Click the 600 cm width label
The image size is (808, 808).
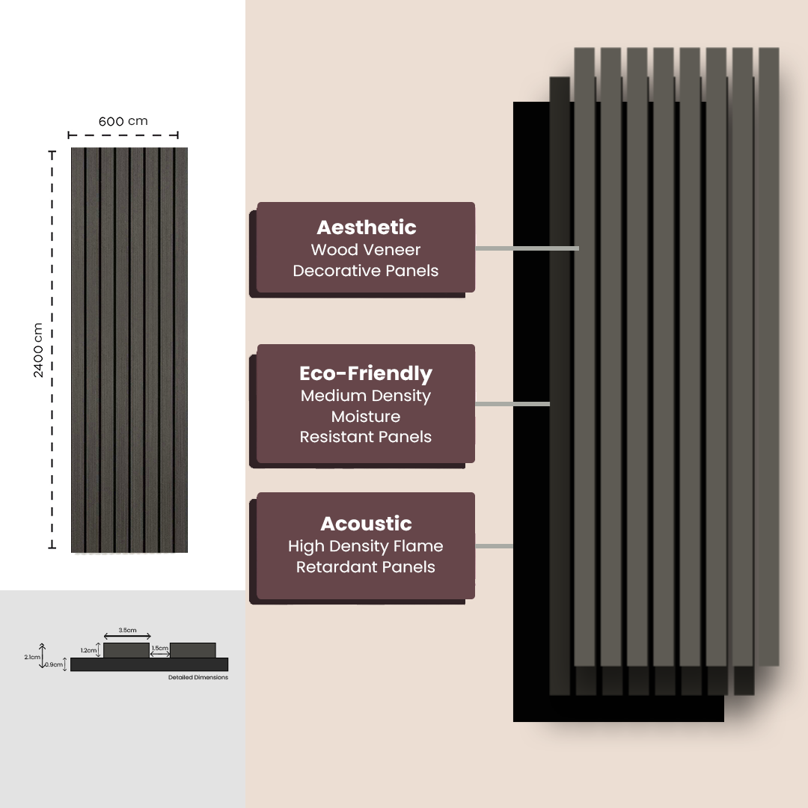click(123, 121)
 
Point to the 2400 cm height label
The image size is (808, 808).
click(38, 350)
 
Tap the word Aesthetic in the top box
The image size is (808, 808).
click(366, 227)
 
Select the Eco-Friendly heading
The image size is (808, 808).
click(366, 373)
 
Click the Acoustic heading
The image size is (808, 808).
click(366, 524)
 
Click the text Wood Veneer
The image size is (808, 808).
click(366, 250)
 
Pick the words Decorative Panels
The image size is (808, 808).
click(366, 271)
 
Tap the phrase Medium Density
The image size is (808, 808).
click(366, 396)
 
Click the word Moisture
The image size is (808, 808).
click(366, 417)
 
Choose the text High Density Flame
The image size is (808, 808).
click(366, 546)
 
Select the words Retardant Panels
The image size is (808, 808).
click(366, 567)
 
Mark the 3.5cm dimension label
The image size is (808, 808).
click(127, 630)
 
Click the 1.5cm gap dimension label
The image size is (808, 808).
click(159, 648)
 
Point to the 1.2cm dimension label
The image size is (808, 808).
click(88, 651)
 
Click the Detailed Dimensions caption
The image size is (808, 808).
click(198, 678)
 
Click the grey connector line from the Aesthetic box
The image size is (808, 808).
click(527, 248)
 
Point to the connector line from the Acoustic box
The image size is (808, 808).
click(494, 546)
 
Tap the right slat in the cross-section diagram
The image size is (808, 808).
click(193, 650)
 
